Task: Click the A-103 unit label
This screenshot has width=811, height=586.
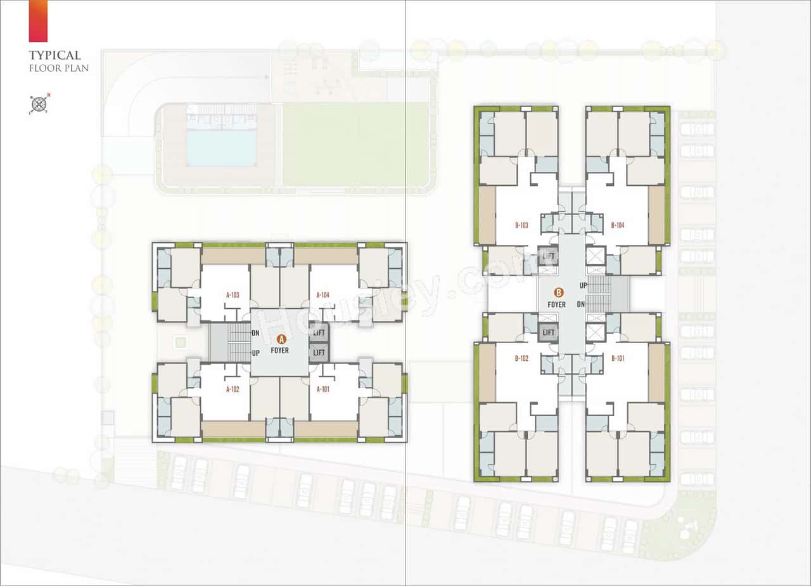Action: tap(232, 295)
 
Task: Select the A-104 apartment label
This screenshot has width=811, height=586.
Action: tap(322, 295)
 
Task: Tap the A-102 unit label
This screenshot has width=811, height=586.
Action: tap(232, 389)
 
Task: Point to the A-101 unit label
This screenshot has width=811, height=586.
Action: tap(322, 389)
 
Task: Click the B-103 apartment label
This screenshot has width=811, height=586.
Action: tap(521, 225)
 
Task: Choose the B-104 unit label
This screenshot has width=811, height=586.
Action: tap(618, 225)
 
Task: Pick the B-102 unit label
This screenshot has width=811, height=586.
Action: tap(521, 358)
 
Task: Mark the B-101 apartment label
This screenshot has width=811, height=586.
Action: tap(618, 358)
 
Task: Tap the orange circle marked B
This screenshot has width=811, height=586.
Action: tap(558, 293)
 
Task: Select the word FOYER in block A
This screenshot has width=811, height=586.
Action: tap(280, 350)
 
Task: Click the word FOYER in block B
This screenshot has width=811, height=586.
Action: tap(557, 305)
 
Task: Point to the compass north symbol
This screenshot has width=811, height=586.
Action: tap(39, 104)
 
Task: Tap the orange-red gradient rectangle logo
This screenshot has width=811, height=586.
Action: tap(38, 20)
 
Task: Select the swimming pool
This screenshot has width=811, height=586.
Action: tap(222, 148)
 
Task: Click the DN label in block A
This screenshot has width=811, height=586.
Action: tap(255, 333)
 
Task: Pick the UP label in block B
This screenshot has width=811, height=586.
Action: tap(582, 286)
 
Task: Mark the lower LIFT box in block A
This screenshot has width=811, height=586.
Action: tap(319, 353)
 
